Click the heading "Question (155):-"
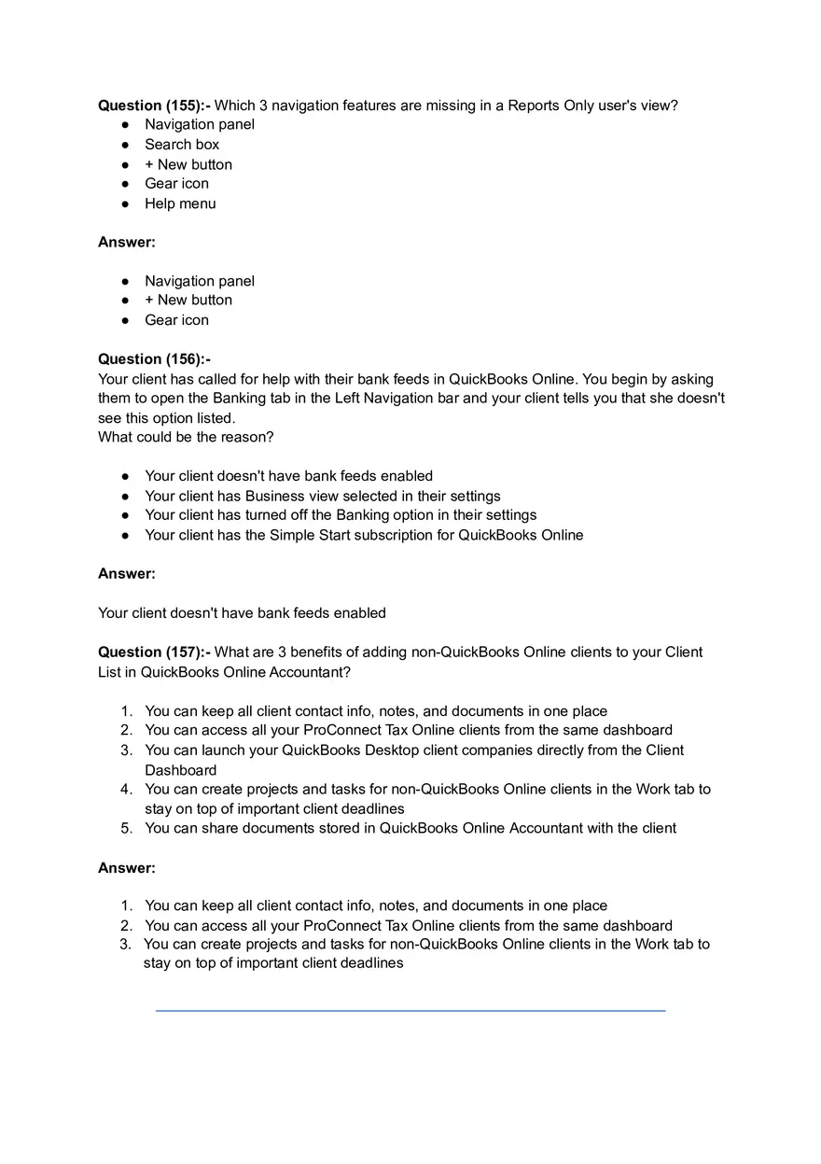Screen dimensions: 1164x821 (154, 105)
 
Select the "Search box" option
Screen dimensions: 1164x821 (182, 145)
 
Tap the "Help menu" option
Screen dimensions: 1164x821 (180, 203)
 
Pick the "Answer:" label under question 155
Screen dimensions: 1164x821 (127, 243)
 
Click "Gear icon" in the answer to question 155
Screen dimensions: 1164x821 (176, 320)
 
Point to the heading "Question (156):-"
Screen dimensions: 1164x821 (154, 359)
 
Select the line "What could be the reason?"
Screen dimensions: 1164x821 (186, 437)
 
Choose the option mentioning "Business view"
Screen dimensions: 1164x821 (322, 497)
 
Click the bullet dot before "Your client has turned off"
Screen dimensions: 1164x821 (125, 515)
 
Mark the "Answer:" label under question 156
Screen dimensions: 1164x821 (127, 574)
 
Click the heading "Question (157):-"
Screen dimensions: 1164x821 (154, 652)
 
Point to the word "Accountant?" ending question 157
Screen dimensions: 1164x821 (310, 672)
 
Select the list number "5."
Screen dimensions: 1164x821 (126, 828)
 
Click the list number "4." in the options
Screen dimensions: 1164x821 (126, 790)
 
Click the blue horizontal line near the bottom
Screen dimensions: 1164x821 (410, 1011)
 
